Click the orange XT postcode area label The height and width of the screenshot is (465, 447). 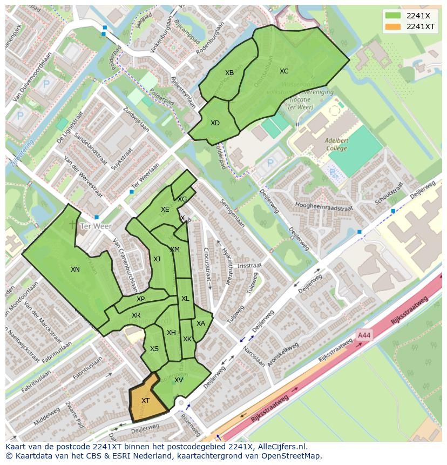(145, 400)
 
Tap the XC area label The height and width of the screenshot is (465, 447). (284, 71)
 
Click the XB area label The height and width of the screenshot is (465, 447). (229, 73)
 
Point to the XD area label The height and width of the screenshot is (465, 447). (215, 123)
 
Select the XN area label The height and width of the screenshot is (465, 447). (75, 269)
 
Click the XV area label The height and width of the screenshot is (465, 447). (179, 380)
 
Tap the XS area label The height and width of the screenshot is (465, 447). (154, 349)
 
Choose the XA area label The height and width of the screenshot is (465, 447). (201, 324)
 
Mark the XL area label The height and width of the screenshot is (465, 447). (185, 299)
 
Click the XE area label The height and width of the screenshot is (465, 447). (165, 210)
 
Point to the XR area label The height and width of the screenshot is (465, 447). (136, 315)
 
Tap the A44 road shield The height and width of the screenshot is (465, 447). (364, 335)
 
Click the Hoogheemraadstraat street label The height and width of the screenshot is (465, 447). (324, 206)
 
